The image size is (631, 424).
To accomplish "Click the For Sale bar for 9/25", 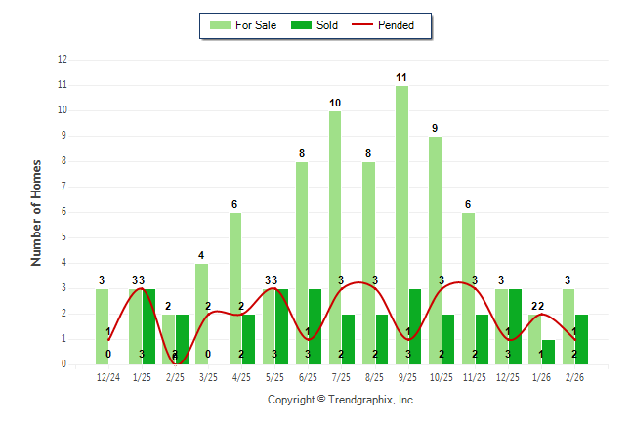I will point(401,225).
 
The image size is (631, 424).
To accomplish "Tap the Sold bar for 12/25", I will point(515,326).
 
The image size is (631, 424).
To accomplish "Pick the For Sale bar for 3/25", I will point(201,314).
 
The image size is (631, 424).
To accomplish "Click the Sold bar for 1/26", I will point(548,352).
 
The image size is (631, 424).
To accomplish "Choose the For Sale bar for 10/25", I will point(435,250).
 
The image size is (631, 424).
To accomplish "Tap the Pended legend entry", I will point(387,25).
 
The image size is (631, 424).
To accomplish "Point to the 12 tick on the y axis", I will point(63,60).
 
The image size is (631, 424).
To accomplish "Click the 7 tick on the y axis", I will point(64,187).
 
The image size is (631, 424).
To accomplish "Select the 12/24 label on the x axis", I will point(108,376).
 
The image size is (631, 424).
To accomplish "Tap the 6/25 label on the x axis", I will point(308,376).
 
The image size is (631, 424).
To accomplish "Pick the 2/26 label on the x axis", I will point(574,376).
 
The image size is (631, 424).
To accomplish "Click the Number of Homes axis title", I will point(37,212).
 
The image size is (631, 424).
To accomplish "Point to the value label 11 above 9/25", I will point(401,77).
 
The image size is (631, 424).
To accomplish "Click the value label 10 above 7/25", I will point(335,103).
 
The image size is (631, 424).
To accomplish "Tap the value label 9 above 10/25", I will point(435,128).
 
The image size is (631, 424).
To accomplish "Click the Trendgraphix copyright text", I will point(342,400).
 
